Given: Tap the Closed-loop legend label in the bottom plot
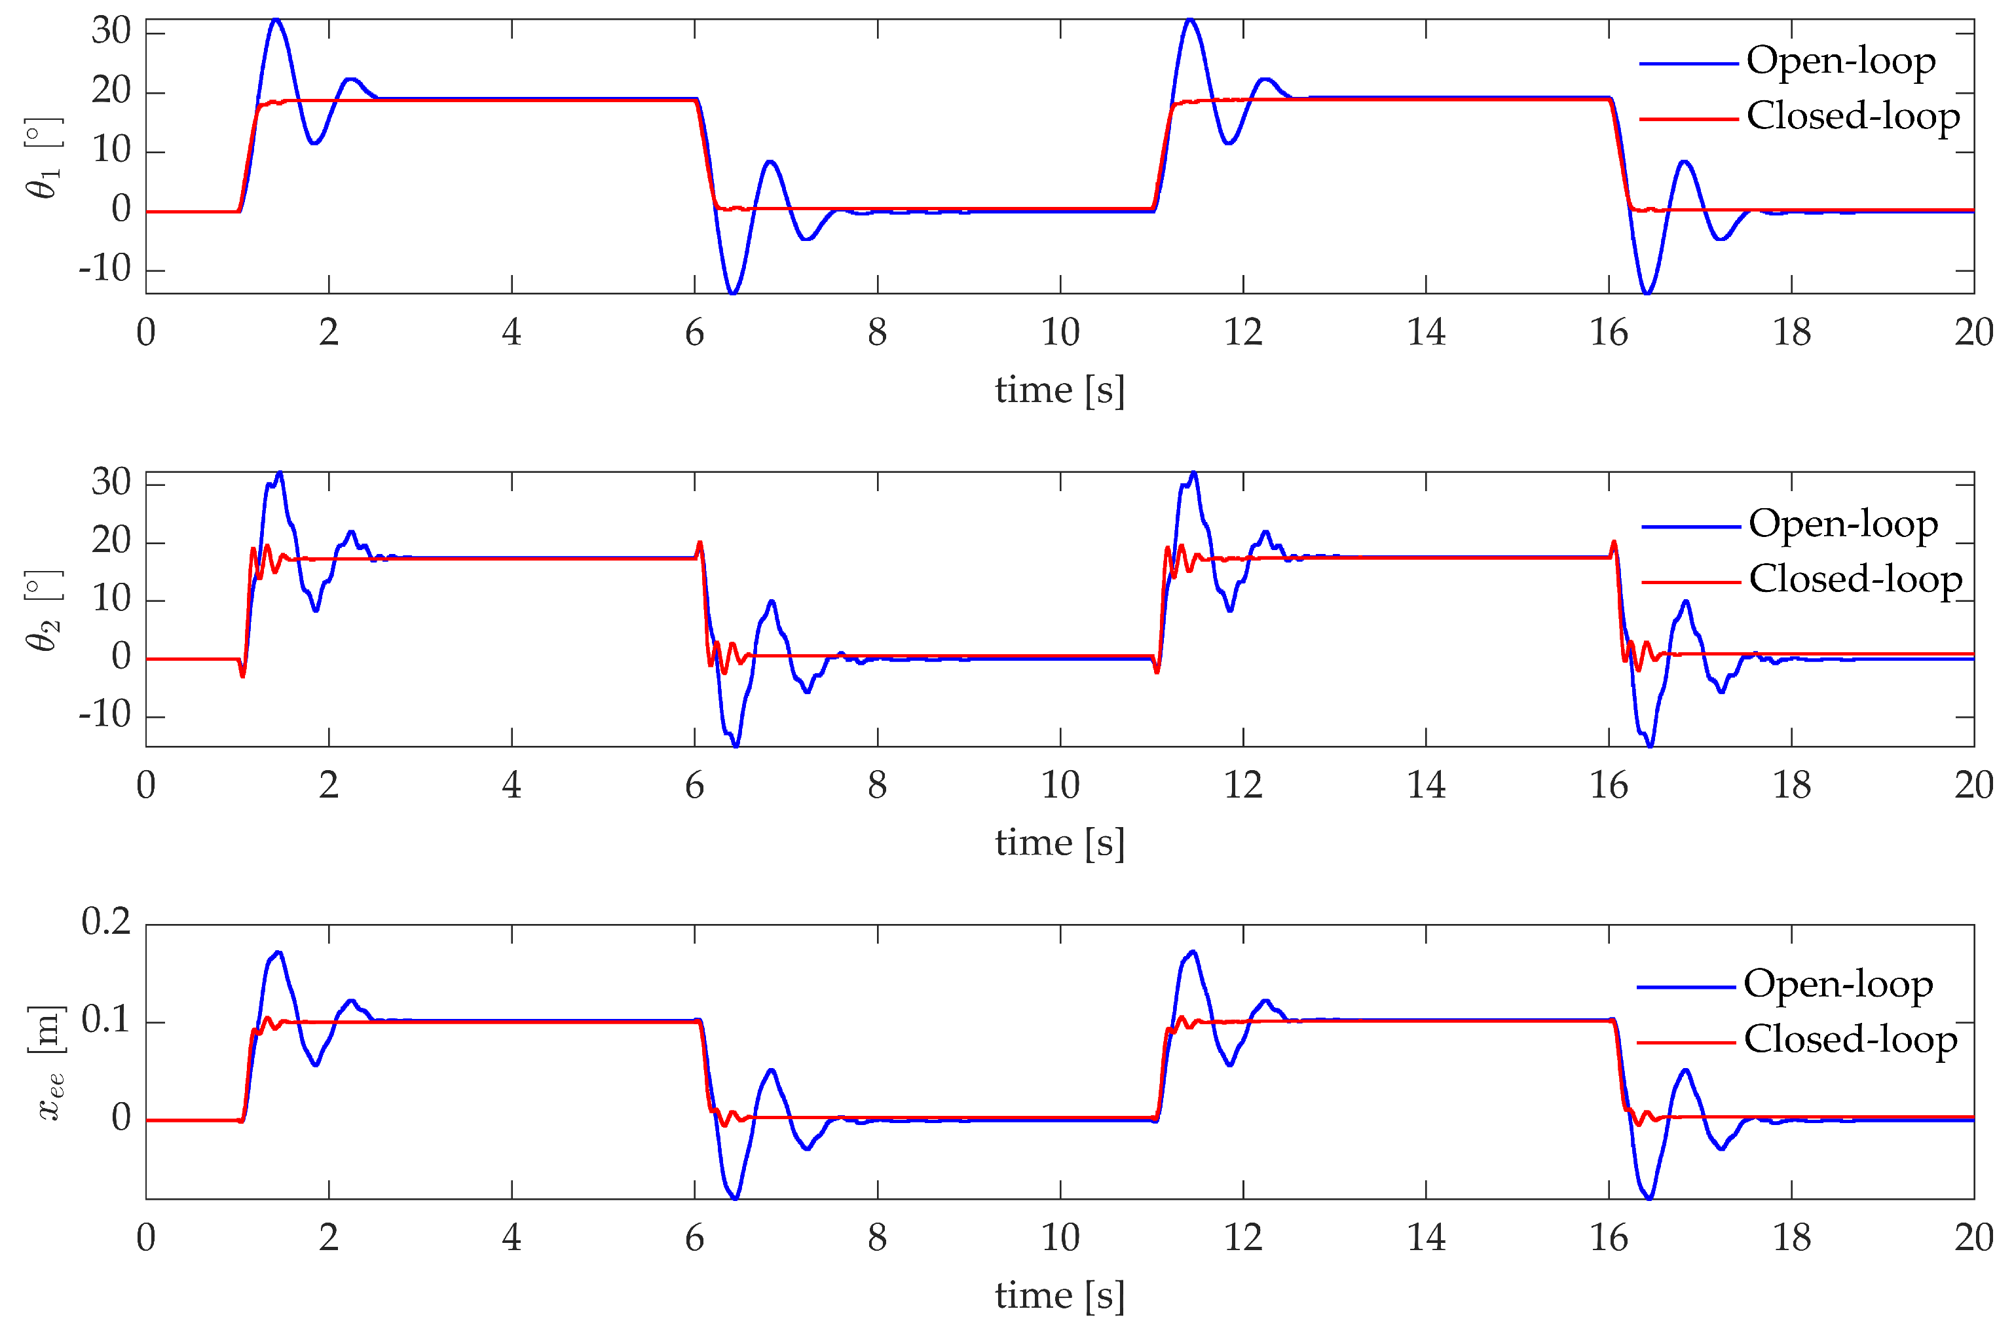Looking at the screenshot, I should tap(1850, 1040).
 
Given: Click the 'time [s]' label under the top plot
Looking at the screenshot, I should tap(1059, 391).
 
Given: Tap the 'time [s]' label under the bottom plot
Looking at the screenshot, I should tap(1059, 1296).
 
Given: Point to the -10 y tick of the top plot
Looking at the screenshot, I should tap(105, 270).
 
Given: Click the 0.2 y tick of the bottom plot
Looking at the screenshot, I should tap(106, 922).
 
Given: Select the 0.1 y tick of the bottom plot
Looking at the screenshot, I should tap(106, 1020).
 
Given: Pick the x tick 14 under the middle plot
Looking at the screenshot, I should tap(1425, 785).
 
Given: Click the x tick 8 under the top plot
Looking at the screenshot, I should tap(877, 333).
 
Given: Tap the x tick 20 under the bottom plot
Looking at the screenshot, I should tap(1973, 1238).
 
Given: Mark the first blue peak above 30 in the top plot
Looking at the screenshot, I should tap(276, 20).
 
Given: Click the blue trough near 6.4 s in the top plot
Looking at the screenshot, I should tap(733, 293).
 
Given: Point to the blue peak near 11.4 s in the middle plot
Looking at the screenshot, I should tap(1193, 473).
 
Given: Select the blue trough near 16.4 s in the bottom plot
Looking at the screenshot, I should tap(1649, 1198).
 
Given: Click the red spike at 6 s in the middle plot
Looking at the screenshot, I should tap(700, 543).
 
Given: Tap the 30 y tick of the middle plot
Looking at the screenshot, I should tap(111, 483).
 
